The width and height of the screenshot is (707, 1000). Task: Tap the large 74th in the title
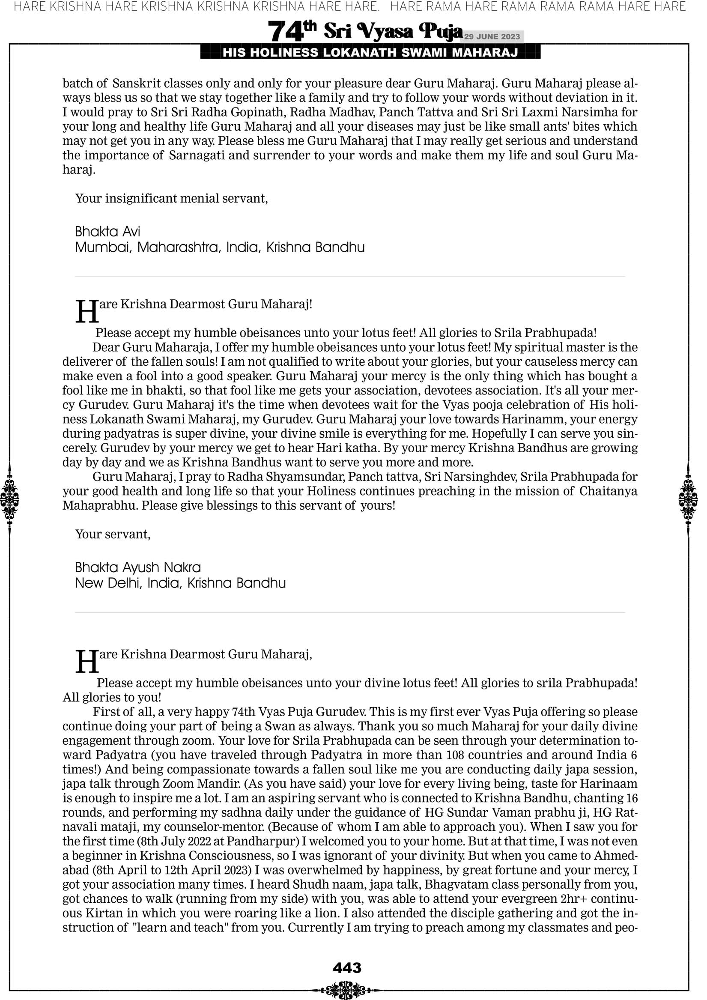point(292,31)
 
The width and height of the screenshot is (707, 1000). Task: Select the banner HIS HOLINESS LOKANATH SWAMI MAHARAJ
point(370,53)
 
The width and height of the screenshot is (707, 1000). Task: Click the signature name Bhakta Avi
point(107,231)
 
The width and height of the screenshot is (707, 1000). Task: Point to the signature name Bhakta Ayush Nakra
point(137,567)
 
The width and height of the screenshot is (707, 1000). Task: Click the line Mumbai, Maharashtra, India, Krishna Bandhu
point(220,248)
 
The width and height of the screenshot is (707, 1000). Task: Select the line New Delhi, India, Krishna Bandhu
point(180,583)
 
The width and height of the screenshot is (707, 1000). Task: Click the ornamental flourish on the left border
point(9,499)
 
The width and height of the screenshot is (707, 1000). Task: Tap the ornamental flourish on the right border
point(688,499)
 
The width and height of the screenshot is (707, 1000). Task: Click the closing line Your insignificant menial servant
point(171,199)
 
